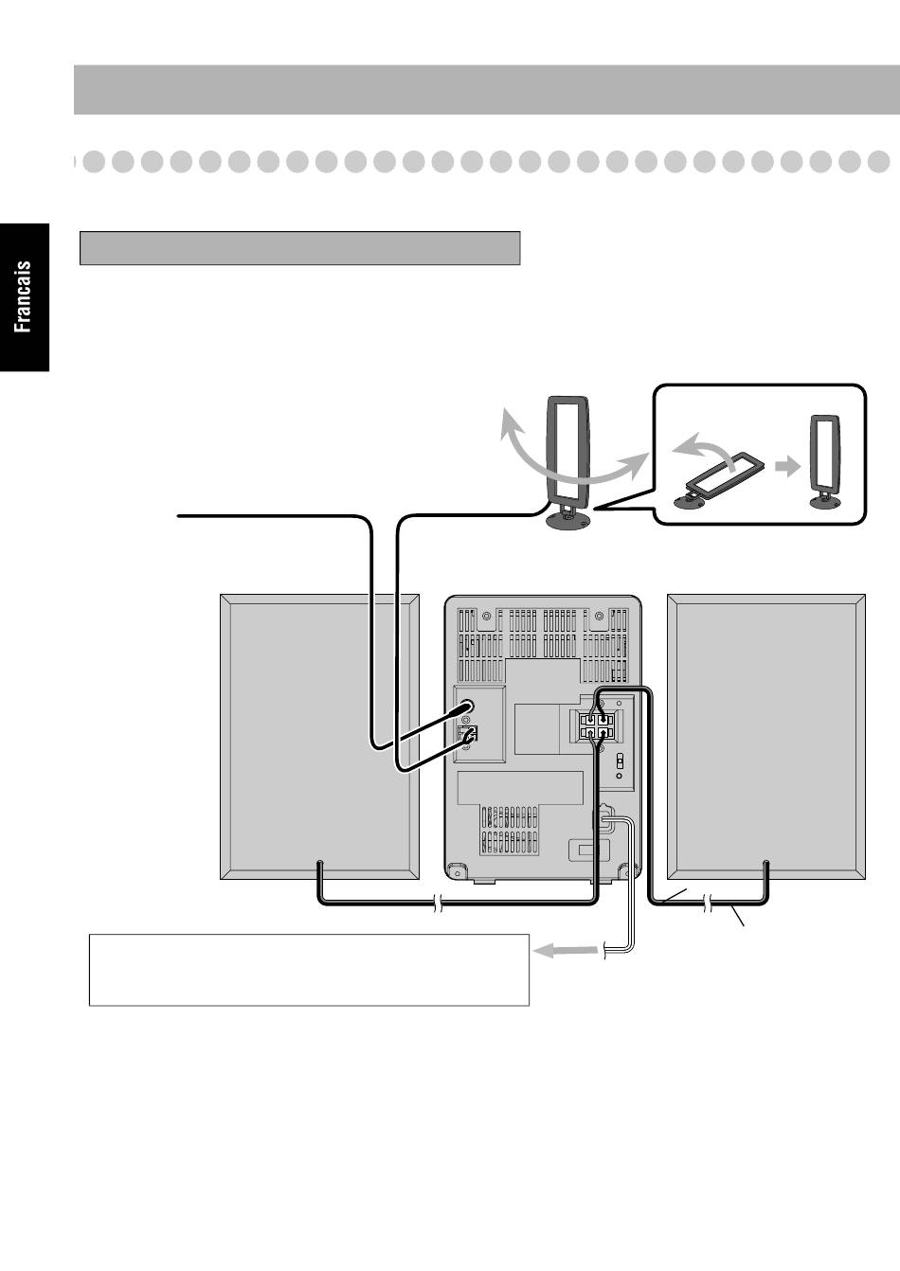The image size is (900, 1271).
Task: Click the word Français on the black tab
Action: [x=23, y=296]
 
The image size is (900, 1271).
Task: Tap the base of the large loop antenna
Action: [x=566, y=519]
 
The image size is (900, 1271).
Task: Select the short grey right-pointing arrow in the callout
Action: [x=784, y=466]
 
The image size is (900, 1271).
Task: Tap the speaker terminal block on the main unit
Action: [x=596, y=725]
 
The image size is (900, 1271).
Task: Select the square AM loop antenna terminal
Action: [x=469, y=733]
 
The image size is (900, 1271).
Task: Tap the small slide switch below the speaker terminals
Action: [x=619, y=761]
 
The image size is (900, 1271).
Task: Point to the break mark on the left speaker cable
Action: [x=437, y=905]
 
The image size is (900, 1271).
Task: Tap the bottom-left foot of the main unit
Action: [x=458, y=869]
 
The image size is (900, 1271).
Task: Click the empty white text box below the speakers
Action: [x=308, y=969]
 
